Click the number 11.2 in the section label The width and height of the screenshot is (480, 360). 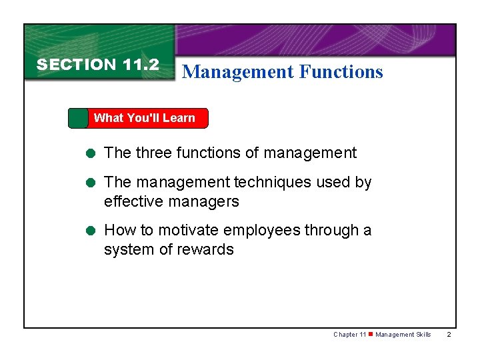click(141, 65)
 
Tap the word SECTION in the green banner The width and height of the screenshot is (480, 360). click(77, 65)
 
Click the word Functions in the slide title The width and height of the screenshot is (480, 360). click(341, 72)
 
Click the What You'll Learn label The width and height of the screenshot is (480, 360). click(144, 118)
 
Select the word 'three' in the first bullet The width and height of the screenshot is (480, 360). click(154, 153)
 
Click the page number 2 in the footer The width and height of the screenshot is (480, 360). click(449, 335)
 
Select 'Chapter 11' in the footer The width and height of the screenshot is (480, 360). click(349, 335)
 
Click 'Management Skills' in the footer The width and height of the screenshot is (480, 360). click(403, 335)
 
